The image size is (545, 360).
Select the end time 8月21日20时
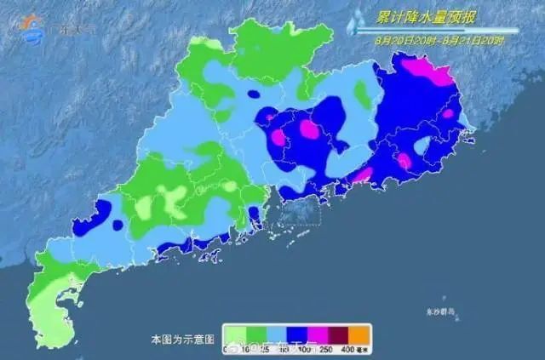(x=473, y=39)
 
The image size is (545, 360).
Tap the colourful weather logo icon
(x=33, y=27)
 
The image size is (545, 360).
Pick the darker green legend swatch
(x=259, y=333)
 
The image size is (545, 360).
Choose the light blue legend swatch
(x=282, y=333)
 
